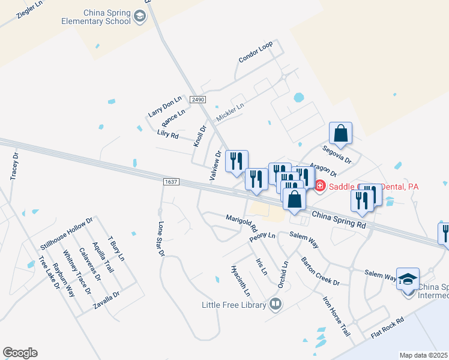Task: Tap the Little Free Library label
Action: pyautogui.click(x=234, y=305)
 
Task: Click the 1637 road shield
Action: pyautogui.click(x=171, y=181)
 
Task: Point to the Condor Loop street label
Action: pyautogui.click(x=255, y=52)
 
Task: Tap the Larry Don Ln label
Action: pyautogui.click(x=164, y=107)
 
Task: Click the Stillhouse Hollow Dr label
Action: pyautogui.click(x=67, y=233)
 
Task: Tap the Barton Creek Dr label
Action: pyautogui.click(x=320, y=271)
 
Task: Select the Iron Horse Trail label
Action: pyautogui.click(x=336, y=314)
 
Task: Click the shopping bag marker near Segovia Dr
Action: pyautogui.click(x=340, y=133)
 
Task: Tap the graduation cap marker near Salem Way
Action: pyautogui.click(x=408, y=280)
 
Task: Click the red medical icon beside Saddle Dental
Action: pyautogui.click(x=320, y=187)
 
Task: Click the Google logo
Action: pyautogui.click(x=20, y=353)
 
